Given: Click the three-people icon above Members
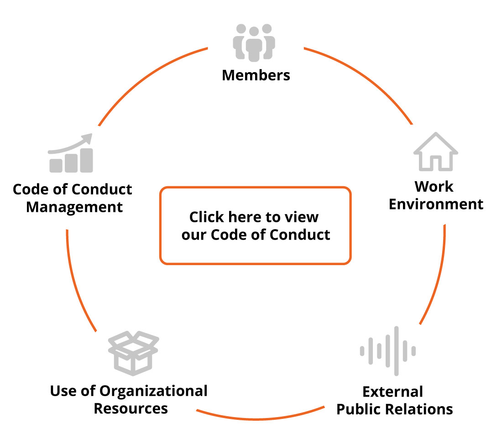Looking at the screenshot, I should click(254, 42).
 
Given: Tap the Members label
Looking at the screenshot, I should click(256, 75).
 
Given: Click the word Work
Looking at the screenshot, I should click(434, 186).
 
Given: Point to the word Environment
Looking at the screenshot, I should click(436, 204).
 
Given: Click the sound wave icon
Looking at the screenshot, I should click(388, 351).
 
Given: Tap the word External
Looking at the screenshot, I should click(392, 392).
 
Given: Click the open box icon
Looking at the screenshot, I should click(133, 354).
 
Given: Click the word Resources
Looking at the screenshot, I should click(131, 408).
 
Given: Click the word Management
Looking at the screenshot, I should click(74, 207).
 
